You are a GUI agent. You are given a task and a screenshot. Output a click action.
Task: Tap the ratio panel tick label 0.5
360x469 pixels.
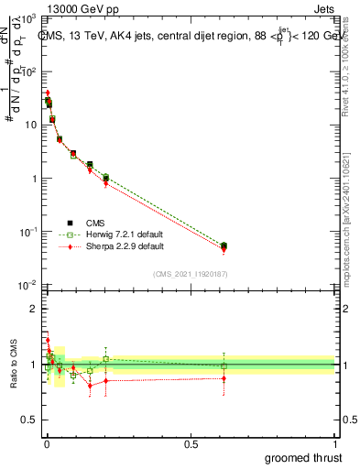[31, 422]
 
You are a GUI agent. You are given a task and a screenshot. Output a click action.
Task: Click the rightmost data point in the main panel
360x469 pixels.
[224, 245]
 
